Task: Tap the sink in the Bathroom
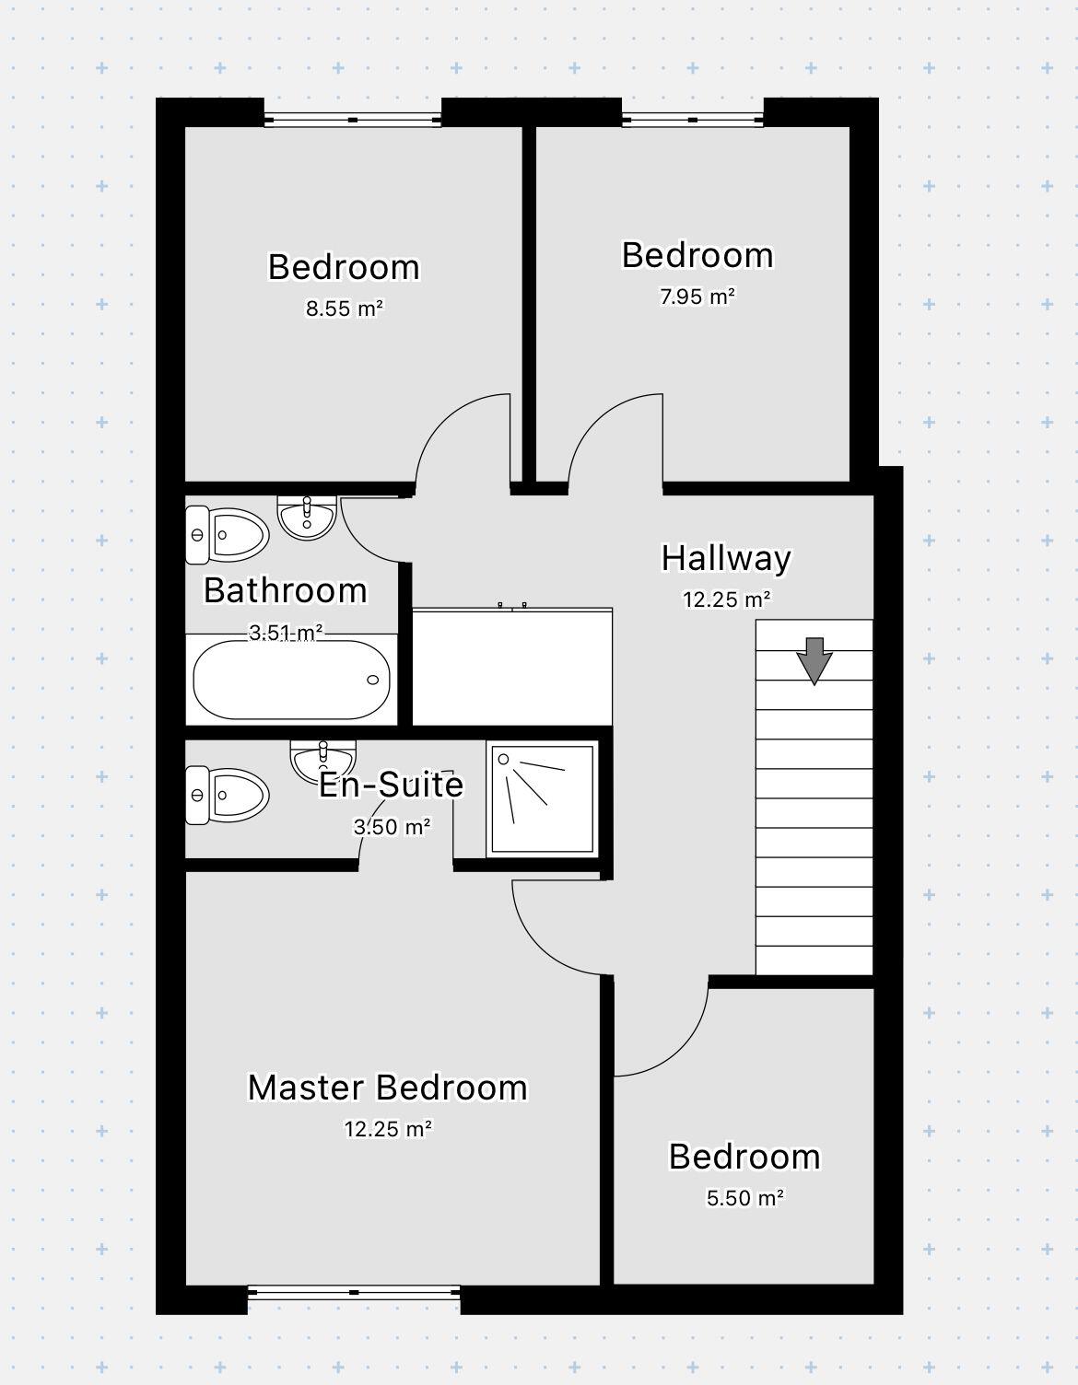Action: point(307,518)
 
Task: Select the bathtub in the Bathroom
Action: point(291,680)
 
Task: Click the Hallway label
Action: point(726,558)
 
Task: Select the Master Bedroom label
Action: point(388,1088)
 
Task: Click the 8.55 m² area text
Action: point(344,308)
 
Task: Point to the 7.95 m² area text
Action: point(697,297)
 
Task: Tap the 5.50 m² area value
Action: point(744,1198)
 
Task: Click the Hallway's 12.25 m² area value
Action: point(726,599)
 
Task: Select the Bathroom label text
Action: point(286,590)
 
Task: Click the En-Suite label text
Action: point(392,785)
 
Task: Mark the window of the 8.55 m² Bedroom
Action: point(353,119)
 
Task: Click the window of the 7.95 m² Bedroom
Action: point(693,119)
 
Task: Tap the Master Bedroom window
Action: point(354,1292)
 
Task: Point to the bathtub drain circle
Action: point(373,680)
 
